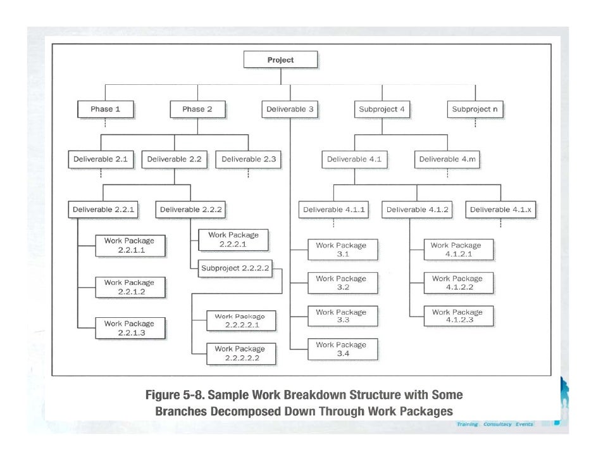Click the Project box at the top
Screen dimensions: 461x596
tap(280, 60)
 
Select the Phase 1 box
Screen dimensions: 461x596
tap(105, 109)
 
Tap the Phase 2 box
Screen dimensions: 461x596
tap(197, 109)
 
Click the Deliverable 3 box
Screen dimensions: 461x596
tap(290, 109)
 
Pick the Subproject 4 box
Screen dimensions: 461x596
tap(382, 109)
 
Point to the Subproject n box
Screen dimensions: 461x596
tap(475, 109)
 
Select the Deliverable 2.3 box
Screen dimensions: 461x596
tap(249, 160)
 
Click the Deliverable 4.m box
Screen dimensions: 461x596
tap(447, 160)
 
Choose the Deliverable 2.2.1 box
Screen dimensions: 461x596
tap(104, 209)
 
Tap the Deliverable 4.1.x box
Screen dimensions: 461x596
tap(499, 210)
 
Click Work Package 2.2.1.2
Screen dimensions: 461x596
tap(129, 287)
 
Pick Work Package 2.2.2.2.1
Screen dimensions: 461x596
tap(240, 320)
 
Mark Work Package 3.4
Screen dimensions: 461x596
tap(341, 349)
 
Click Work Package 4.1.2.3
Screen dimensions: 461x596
tap(457, 316)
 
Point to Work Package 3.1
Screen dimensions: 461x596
tap(341, 249)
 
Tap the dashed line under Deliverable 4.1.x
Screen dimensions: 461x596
tap(499, 224)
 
